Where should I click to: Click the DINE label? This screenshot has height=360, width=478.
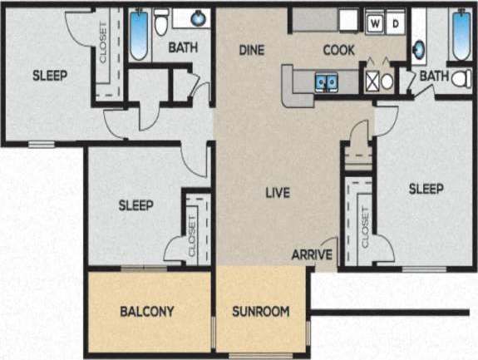251,50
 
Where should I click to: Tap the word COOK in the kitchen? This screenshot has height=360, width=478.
338,50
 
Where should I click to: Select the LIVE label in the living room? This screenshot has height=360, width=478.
277,193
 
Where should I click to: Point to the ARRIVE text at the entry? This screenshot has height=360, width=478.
312,254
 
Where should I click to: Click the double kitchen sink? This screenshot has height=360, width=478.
325,81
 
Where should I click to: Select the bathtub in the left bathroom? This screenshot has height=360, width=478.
138,34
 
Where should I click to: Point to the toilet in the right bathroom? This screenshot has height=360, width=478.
458,79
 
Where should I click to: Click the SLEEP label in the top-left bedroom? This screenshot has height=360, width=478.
50,75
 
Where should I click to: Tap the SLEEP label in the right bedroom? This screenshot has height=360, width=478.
426,188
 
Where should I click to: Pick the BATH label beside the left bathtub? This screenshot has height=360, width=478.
183,47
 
